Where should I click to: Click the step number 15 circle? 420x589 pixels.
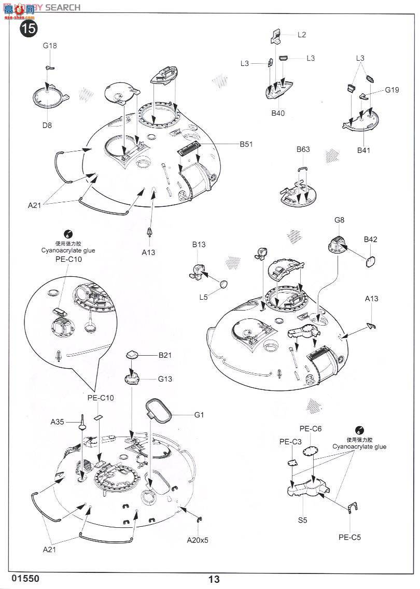tap(29, 28)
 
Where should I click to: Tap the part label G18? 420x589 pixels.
tap(50, 46)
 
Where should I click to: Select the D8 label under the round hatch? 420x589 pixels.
tap(47, 125)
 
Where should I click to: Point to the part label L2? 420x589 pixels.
tap(302, 35)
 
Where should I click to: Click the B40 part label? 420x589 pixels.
tap(277, 113)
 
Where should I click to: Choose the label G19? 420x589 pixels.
tap(392, 90)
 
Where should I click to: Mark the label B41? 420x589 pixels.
tap(365, 150)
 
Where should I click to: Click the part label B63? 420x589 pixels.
tap(303, 150)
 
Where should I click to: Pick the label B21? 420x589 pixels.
tap(165, 355)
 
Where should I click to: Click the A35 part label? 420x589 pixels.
tap(57, 422)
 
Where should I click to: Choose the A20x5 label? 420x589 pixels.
tap(198, 539)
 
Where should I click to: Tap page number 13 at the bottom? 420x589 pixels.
tap(214, 579)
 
